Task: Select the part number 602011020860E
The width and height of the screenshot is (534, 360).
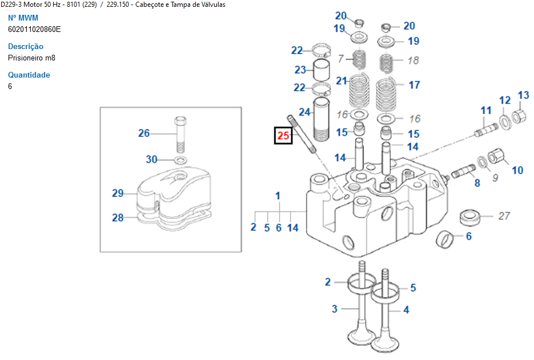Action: tap(34, 29)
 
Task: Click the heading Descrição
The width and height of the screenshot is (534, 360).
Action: tap(26, 46)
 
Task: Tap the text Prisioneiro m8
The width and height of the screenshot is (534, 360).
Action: tap(31, 58)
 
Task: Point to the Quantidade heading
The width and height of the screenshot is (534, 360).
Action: tap(29, 75)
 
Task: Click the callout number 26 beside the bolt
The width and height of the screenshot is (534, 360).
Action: tap(144, 133)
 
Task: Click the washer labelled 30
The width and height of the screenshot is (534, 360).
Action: tap(180, 159)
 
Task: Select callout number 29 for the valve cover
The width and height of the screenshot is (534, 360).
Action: tap(118, 193)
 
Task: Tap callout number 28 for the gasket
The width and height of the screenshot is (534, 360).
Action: tap(118, 217)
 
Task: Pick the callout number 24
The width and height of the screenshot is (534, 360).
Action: tap(305, 112)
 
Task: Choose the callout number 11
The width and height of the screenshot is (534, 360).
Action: tap(486, 110)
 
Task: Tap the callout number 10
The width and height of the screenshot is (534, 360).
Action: tap(517, 169)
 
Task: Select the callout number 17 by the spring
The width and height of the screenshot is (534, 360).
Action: tap(414, 84)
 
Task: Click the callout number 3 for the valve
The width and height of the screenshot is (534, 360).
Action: tap(335, 309)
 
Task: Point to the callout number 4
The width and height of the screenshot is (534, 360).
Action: tap(406, 310)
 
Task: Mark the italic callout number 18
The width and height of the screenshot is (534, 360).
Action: tap(414, 60)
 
